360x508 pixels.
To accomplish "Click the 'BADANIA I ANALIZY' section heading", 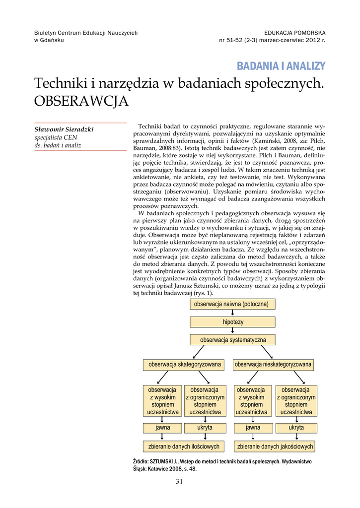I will [x=281, y=66].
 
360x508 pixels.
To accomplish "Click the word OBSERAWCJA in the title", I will [x=81, y=101].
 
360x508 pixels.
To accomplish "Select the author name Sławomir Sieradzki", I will [x=64, y=129].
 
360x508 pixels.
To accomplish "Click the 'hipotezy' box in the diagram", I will [x=233, y=322].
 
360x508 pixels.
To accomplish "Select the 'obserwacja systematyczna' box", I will [x=233, y=340].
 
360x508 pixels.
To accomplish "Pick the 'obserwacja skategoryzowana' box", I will [x=184, y=365].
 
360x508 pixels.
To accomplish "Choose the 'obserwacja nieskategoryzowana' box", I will [x=274, y=365].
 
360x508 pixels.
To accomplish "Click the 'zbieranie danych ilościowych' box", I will [x=184, y=446].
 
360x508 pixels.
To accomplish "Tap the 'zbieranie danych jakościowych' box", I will [x=275, y=446].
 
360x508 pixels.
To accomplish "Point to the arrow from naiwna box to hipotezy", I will [x=233, y=313].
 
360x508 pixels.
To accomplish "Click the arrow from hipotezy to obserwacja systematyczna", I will [x=233, y=331].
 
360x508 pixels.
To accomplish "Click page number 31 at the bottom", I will [x=180, y=481].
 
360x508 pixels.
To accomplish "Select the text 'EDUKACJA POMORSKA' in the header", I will [x=295, y=33].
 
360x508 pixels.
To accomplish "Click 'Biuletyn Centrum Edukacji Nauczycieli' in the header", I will [x=86, y=33].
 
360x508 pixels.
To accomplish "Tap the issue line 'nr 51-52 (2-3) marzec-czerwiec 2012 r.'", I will [x=272, y=40].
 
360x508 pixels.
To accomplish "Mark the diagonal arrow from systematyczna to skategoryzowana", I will [x=198, y=352].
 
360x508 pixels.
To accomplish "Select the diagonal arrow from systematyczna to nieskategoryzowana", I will [x=267, y=352].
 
